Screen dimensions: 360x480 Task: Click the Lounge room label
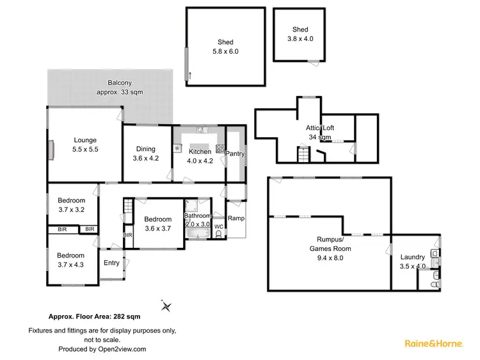pyautogui.click(x=84, y=144)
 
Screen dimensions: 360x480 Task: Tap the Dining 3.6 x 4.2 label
pyautogui.click(x=145, y=154)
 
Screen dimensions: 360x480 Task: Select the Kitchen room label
pyautogui.click(x=200, y=156)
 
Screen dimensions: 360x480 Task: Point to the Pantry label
pyautogui.click(x=235, y=154)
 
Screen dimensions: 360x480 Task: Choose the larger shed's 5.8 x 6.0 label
pyautogui.click(x=225, y=47)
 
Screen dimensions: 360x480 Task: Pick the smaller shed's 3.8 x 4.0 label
pyautogui.click(x=300, y=33)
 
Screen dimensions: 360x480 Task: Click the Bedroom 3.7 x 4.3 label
pyautogui.click(x=70, y=259)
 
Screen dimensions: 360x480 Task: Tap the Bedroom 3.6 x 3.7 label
pyautogui.click(x=157, y=224)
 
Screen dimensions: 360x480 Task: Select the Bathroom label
pyautogui.click(x=197, y=220)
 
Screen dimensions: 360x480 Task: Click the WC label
pyautogui.click(x=218, y=226)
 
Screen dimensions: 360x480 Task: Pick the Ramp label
pyautogui.click(x=236, y=218)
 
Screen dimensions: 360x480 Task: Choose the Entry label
pyautogui.click(x=111, y=263)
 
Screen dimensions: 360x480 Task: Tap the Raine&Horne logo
pyautogui.click(x=433, y=344)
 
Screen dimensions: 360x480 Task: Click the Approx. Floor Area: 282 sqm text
pyautogui.click(x=95, y=316)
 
